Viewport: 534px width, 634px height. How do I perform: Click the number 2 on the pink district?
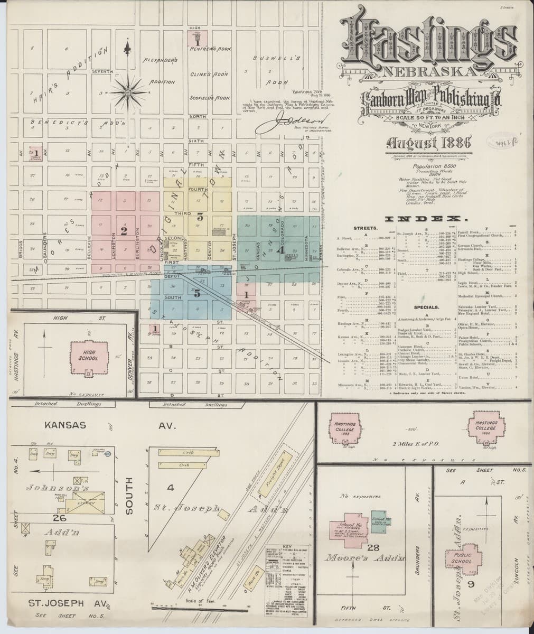(124, 231)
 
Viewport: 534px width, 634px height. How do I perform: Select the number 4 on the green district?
(282, 250)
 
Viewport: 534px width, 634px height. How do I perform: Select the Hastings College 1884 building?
(485, 428)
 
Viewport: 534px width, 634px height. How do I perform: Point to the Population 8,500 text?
(420, 165)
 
